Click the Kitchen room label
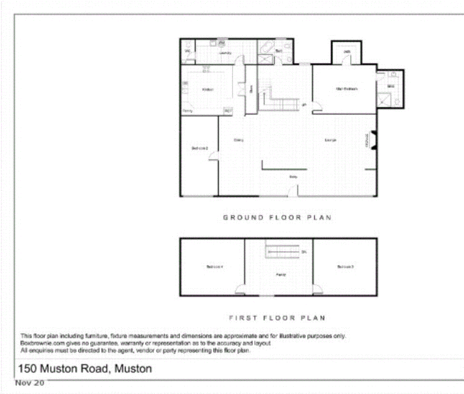pyautogui.click(x=207, y=89)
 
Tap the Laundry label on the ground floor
pyautogui.click(x=225, y=53)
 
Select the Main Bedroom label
pyautogui.click(x=346, y=89)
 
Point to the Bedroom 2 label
pyautogui.click(x=200, y=148)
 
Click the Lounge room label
pyautogui.click(x=330, y=140)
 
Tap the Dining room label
pyautogui.click(x=238, y=140)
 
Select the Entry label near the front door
pyautogui.click(x=293, y=177)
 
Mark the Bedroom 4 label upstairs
pyautogui.click(x=214, y=267)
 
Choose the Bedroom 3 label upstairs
pyautogui.click(x=345, y=267)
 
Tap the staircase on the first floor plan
pyautogui.click(x=283, y=251)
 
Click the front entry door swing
pyautogui.click(x=293, y=191)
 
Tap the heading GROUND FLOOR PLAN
pyautogui.click(x=277, y=218)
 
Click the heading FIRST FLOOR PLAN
pyautogui.click(x=277, y=318)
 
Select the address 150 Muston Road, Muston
pyautogui.click(x=85, y=368)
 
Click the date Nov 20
pyautogui.click(x=30, y=383)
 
